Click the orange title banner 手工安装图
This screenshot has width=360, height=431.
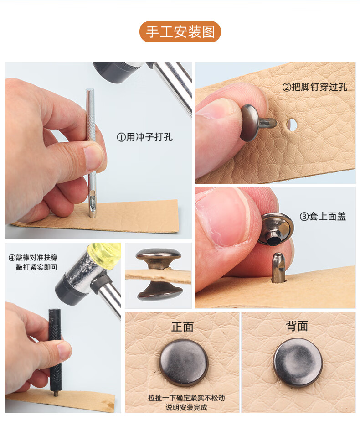point(180,32)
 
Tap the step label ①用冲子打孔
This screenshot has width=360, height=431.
point(145,137)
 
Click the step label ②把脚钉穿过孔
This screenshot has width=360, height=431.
point(314,87)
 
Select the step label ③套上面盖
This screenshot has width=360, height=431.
point(323,216)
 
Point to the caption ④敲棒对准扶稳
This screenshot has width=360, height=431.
point(33,257)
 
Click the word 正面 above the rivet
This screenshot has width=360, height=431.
point(182,327)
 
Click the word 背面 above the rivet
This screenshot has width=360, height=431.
point(297,327)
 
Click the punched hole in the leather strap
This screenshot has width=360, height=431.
point(292,124)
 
